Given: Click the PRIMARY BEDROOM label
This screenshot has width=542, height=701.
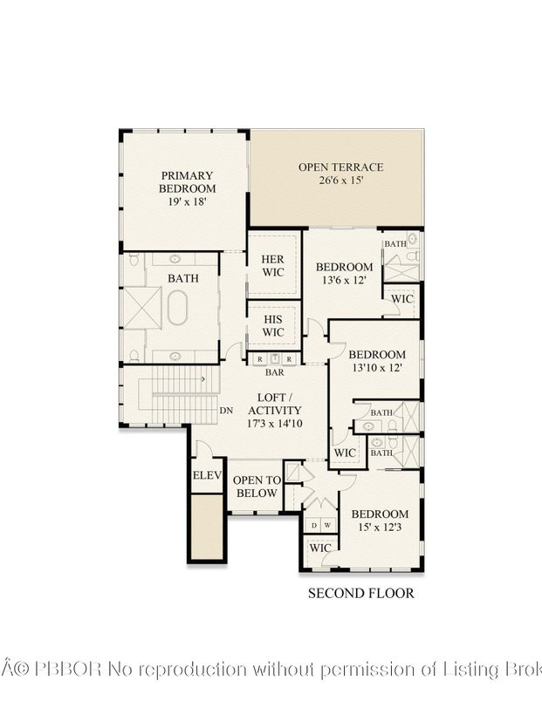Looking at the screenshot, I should click(187, 181).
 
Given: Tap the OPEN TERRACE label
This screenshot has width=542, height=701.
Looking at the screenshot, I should click(340, 167).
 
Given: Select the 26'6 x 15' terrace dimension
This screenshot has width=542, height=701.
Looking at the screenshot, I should click(341, 180).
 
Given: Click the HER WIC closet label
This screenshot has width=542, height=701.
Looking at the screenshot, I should click(273, 266).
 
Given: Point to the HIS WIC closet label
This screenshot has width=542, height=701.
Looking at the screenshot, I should click(273, 326).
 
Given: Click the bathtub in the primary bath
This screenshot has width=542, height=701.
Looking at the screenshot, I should click(178, 308).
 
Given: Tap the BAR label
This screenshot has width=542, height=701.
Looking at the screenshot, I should click(273, 371).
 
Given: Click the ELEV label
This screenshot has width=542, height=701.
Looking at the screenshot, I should click(208, 476).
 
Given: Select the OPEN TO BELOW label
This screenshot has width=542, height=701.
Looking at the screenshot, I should click(257, 487).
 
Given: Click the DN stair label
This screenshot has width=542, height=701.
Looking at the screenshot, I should click(226, 411).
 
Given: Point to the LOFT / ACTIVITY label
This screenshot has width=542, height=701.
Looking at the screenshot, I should click(275, 404).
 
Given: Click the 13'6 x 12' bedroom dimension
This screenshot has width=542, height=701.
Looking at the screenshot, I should click(344, 281).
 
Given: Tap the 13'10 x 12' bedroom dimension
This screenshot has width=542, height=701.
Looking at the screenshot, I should click(377, 368).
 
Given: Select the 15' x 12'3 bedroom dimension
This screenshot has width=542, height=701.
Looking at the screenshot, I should click(379, 527).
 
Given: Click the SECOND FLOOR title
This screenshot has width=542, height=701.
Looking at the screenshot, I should click(360, 594).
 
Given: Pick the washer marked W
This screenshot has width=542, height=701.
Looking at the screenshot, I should click(326, 526).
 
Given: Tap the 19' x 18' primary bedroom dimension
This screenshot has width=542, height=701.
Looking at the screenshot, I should click(187, 201).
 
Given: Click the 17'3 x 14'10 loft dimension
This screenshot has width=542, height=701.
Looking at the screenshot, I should click(275, 424).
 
